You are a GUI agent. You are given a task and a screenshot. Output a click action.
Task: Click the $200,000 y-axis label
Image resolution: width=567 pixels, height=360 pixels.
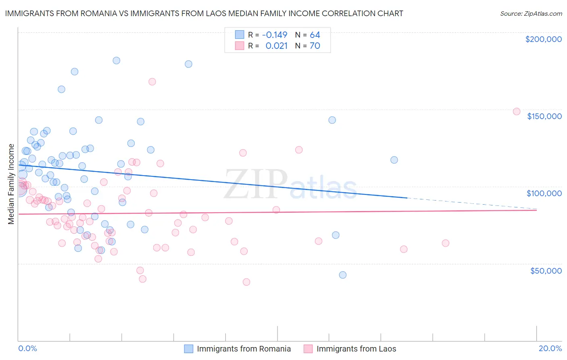click(x=543, y=39)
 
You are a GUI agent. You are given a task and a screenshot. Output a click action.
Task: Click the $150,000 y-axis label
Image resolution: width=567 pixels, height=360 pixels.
click(x=544, y=116)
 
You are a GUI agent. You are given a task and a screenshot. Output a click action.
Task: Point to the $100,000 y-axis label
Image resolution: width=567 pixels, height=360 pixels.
click(x=544, y=193)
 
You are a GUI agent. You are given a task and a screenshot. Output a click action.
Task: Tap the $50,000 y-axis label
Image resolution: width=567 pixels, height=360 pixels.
click(x=546, y=270)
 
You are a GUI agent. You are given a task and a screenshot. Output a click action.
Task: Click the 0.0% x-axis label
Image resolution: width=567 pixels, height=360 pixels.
click(x=27, y=348)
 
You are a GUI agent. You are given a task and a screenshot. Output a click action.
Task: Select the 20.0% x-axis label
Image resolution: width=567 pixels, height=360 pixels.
click(x=550, y=348)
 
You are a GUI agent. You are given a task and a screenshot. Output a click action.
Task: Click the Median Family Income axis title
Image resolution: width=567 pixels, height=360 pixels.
click(x=11, y=184)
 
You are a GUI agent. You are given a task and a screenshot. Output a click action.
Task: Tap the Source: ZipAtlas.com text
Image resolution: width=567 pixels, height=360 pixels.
click(x=531, y=13)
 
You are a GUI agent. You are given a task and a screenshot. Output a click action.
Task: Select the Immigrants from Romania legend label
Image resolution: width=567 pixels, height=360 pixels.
click(x=244, y=349)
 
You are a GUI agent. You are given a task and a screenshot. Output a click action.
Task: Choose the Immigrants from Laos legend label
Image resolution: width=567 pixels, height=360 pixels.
click(x=356, y=349)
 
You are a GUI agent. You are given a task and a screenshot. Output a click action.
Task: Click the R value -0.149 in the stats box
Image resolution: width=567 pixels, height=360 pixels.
click(x=274, y=35)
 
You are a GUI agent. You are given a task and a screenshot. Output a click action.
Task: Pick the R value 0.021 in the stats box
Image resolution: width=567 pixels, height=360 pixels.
click(x=276, y=46)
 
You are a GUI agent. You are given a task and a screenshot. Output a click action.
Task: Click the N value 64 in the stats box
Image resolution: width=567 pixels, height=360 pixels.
click(x=315, y=35)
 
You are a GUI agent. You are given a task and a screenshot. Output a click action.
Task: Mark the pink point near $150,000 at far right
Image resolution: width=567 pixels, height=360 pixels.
click(x=517, y=111)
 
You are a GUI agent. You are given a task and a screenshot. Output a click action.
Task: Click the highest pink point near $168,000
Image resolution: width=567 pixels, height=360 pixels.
click(x=152, y=82)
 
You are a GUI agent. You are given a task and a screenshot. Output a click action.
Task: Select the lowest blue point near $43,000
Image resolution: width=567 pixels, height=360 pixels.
click(x=343, y=275)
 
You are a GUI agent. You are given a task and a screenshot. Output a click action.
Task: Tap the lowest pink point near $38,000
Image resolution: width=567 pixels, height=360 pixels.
click(x=246, y=282)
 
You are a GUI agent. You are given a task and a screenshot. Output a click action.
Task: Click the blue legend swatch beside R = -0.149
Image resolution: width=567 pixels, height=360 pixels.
click(x=240, y=35)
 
